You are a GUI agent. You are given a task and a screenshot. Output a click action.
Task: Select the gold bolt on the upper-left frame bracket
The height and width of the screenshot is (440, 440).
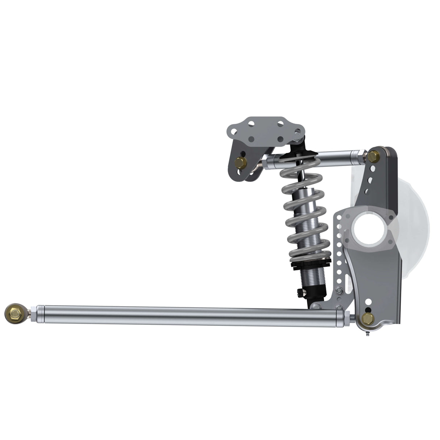241,163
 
